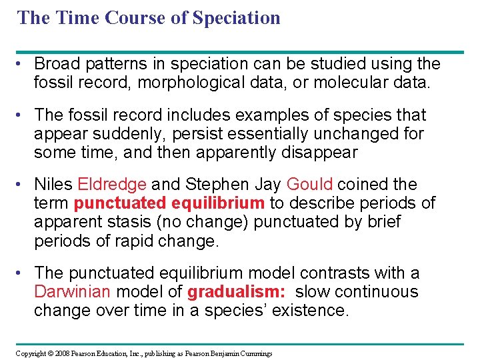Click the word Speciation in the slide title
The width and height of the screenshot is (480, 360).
point(236,17)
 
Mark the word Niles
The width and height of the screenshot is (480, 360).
point(53,185)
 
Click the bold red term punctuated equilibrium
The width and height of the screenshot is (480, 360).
point(169,203)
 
